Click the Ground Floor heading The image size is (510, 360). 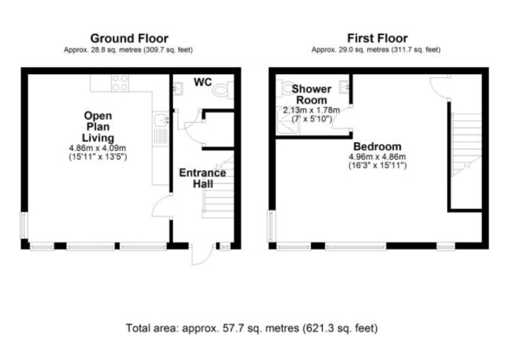click(x=129, y=39)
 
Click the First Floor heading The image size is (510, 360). click(x=377, y=39)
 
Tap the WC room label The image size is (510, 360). click(x=203, y=82)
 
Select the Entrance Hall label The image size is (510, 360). click(x=203, y=178)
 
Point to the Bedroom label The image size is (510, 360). click(x=377, y=146)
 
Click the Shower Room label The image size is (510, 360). click(x=311, y=94)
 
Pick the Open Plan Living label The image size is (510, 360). click(x=98, y=127)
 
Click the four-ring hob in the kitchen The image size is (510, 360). click(x=120, y=83)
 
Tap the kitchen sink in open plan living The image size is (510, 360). click(x=161, y=120)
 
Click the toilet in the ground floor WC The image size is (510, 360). click(x=223, y=90)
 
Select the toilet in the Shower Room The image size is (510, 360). click(x=286, y=88)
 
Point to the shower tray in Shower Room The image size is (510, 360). click(x=288, y=121)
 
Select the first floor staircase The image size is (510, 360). click(x=466, y=144)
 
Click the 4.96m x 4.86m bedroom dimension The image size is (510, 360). click(x=377, y=157)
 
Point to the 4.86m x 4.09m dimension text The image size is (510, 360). click(x=98, y=148)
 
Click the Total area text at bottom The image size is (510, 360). click(x=252, y=328)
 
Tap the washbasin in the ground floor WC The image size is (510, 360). click(x=178, y=89)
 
